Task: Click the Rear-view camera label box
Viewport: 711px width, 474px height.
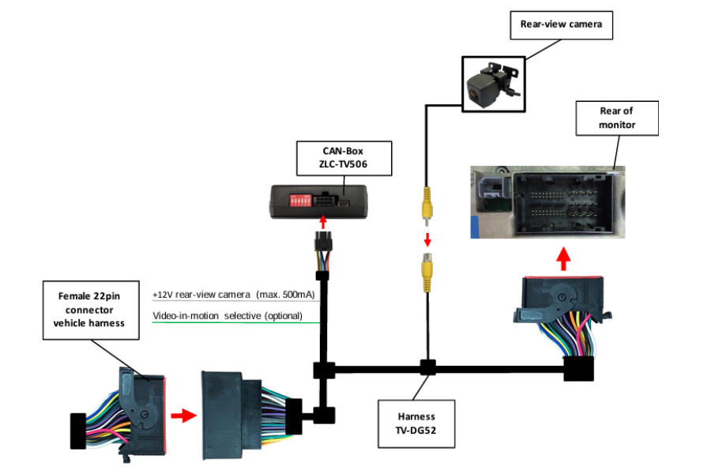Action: click(x=561, y=24)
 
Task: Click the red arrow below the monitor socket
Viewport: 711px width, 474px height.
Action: click(x=562, y=258)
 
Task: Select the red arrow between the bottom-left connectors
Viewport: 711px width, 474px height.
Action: click(x=182, y=416)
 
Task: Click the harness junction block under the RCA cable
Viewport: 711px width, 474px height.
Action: click(x=427, y=367)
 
